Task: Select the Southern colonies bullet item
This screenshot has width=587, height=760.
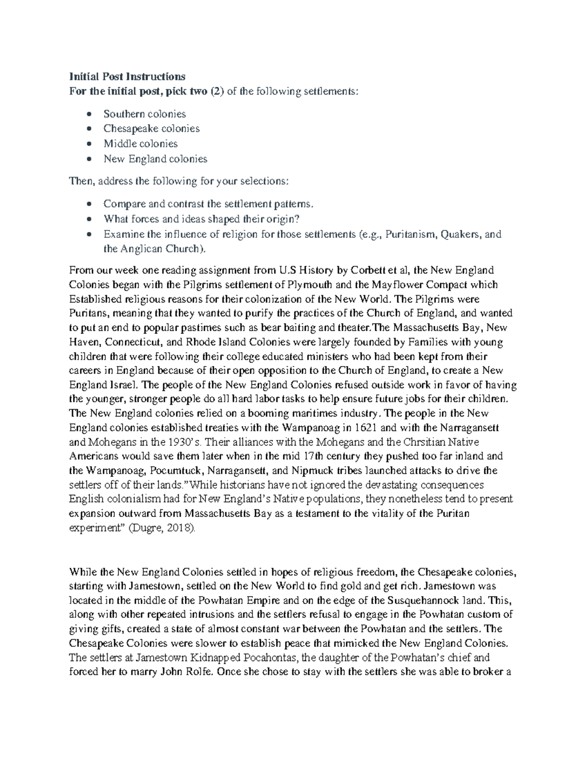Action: (x=144, y=114)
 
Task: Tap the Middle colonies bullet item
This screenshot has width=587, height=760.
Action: (x=140, y=144)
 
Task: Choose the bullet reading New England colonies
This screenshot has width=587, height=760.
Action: (x=155, y=159)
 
